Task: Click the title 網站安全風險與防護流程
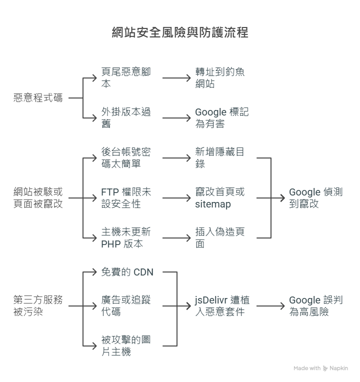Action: [x=180, y=33]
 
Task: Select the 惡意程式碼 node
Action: [x=38, y=98]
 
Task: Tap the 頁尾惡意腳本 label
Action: [x=126, y=78]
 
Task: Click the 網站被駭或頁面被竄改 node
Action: [x=38, y=198]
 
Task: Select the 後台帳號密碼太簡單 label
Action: [x=126, y=158]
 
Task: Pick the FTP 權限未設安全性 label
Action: [x=126, y=198]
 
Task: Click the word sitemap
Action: [x=212, y=204]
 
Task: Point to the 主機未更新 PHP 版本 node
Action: [x=126, y=238]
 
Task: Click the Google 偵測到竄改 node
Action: [x=315, y=198]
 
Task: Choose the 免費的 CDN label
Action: [x=127, y=272]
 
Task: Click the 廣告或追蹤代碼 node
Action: [x=126, y=306]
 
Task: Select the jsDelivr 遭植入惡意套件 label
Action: [x=222, y=306]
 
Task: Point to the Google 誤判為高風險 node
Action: [x=315, y=306]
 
